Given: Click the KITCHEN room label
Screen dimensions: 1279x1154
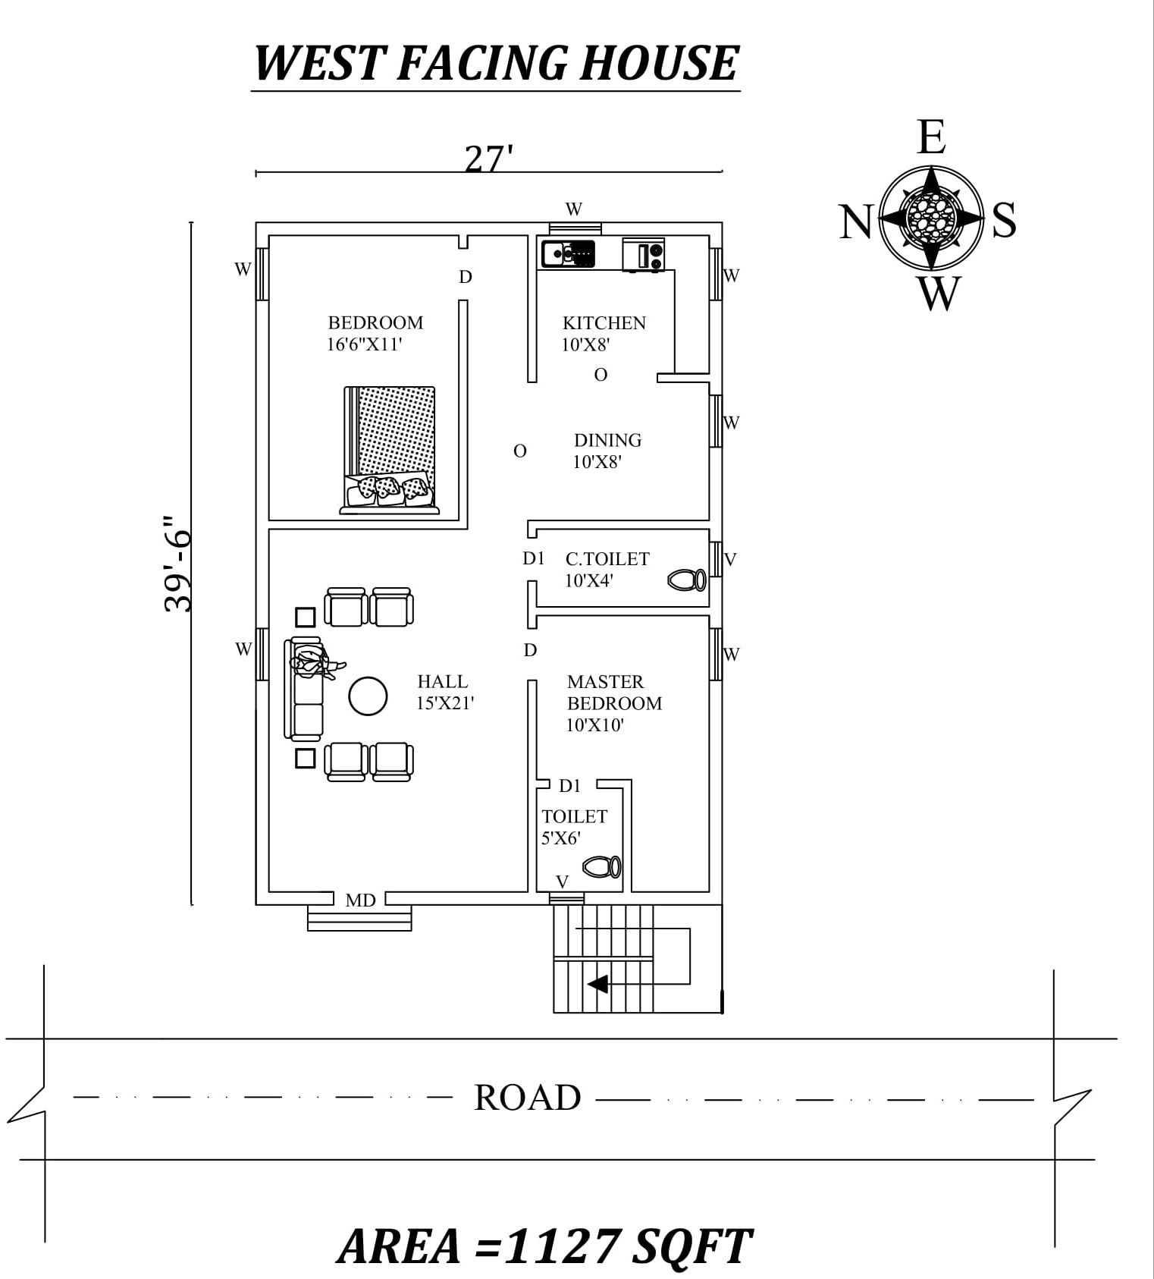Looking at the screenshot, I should click(604, 323).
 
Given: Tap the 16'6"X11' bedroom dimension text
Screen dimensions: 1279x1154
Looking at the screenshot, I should click(364, 344).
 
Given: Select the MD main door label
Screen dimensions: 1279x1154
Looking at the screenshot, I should click(360, 900).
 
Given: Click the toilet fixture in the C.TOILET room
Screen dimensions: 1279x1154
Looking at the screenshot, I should click(687, 580).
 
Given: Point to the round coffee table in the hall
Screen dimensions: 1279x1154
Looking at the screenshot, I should click(368, 696).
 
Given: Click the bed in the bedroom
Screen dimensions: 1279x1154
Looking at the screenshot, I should click(390, 448).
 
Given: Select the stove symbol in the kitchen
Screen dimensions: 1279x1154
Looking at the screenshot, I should click(643, 254).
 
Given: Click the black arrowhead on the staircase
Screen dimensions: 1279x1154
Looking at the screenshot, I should click(597, 985).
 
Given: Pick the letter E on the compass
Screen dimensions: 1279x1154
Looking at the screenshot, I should click(931, 138).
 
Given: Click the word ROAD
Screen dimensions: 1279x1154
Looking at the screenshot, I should click(527, 1098).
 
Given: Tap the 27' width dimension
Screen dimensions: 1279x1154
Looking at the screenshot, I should click(488, 159).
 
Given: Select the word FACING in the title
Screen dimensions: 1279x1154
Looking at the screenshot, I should click(481, 63).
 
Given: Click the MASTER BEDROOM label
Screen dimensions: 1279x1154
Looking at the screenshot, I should click(614, 693).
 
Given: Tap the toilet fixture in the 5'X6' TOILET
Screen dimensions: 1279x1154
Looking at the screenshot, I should click(601, 867).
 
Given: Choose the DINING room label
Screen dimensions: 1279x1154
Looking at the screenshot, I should click(607, 441).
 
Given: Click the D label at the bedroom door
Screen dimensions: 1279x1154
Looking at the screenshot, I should click(466, 278).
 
